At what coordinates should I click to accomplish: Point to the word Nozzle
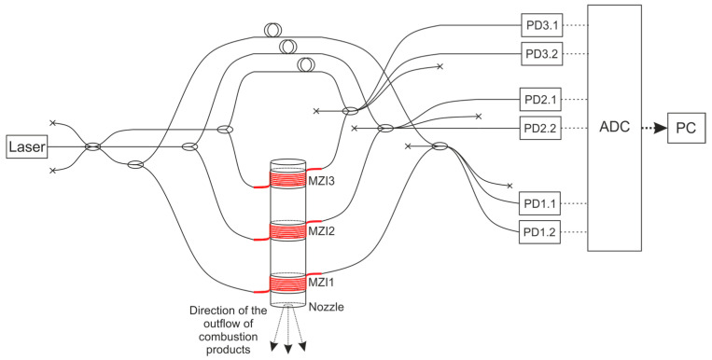(325, 305)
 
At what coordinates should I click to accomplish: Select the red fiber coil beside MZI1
(286, 283)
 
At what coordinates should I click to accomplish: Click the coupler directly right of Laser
(93, 146)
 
